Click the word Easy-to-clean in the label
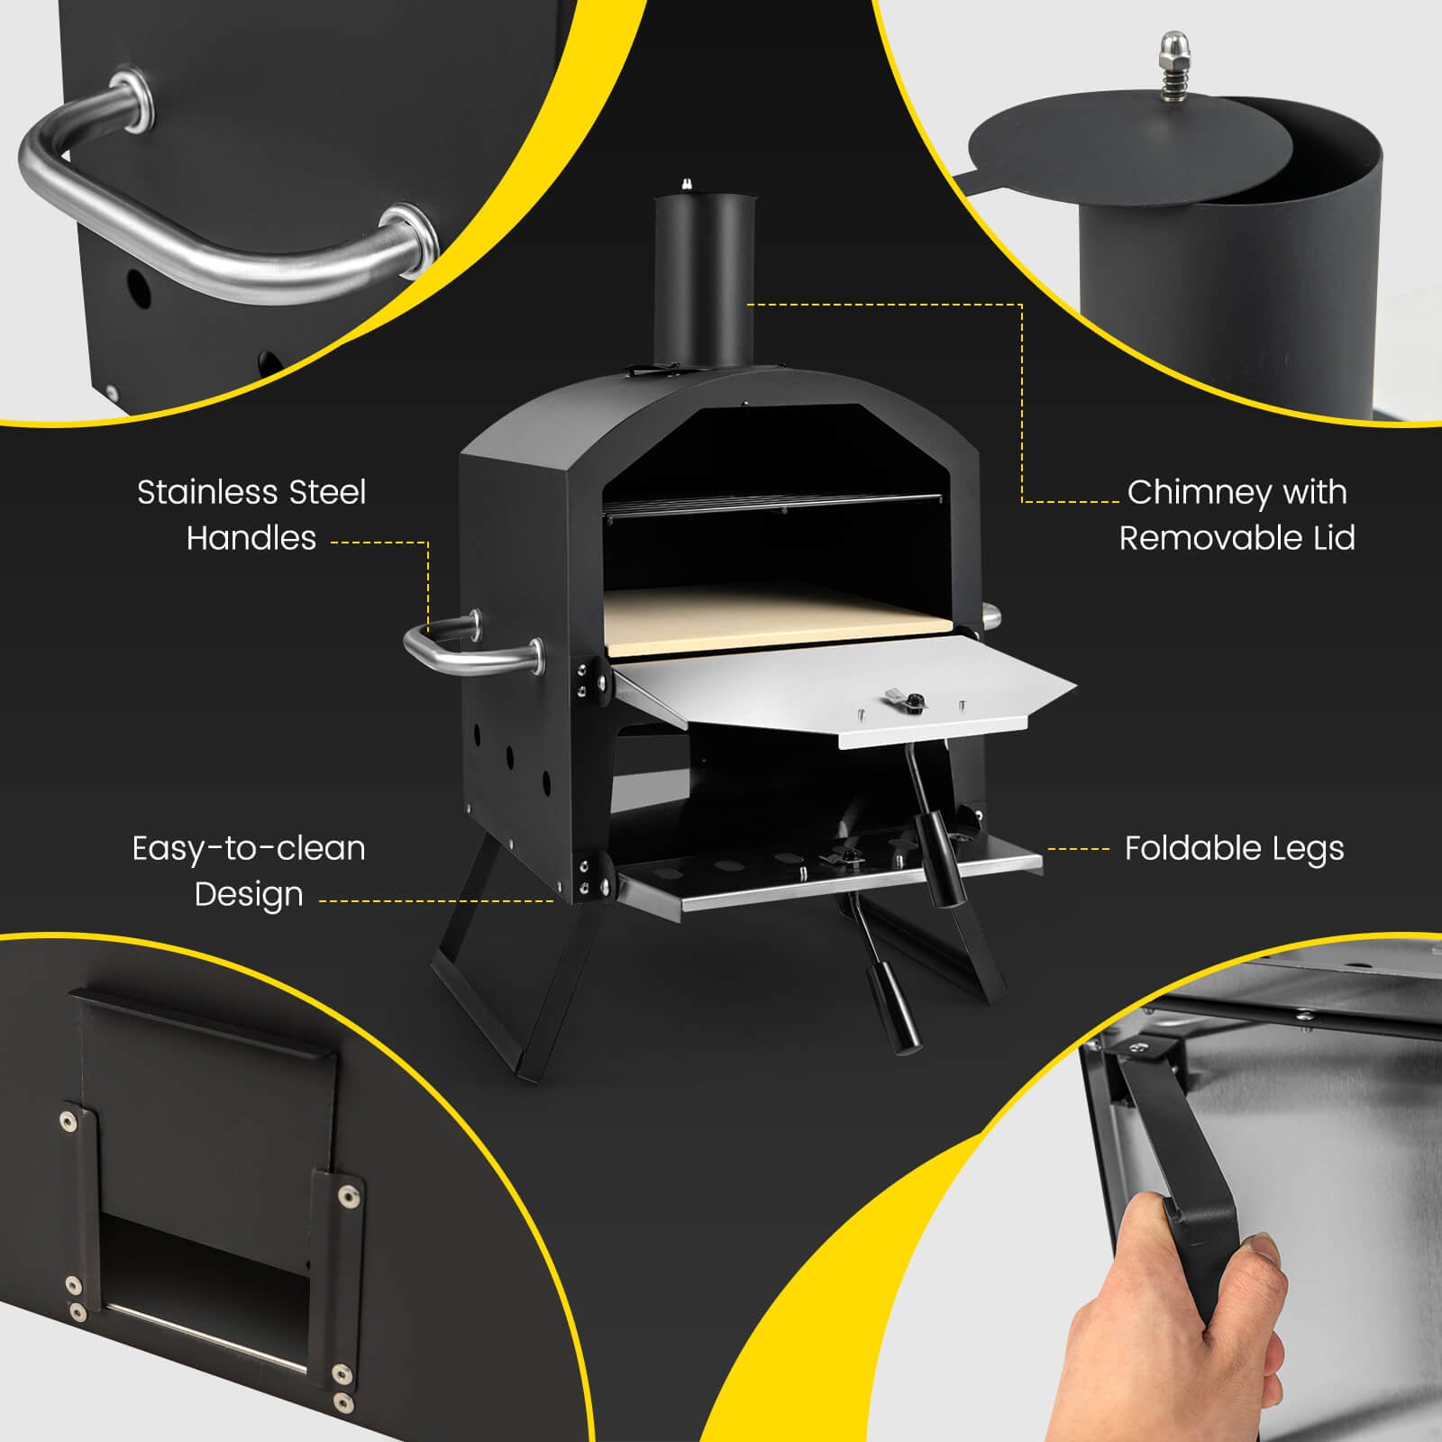click(249, 848)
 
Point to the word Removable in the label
click(1203, 538)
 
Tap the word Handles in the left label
click(251, 538)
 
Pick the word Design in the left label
click(249, 894)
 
